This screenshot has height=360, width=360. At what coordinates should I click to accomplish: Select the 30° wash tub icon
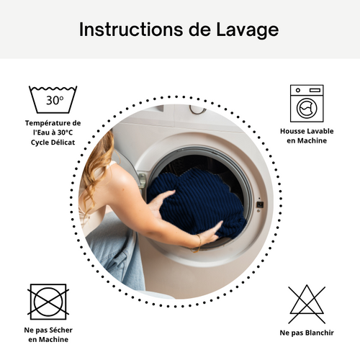point(53,99)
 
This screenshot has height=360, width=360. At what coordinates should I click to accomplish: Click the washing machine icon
point(307,103)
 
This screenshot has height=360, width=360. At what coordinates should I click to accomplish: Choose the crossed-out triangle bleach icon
point(307,303)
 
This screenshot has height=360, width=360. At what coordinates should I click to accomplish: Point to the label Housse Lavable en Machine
point(307,136)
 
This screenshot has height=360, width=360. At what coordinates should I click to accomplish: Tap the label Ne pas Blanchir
point(307,333)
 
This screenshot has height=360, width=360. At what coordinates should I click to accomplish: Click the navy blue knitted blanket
point(198,202)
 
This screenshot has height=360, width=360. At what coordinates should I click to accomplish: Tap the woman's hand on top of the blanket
point(163,199)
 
